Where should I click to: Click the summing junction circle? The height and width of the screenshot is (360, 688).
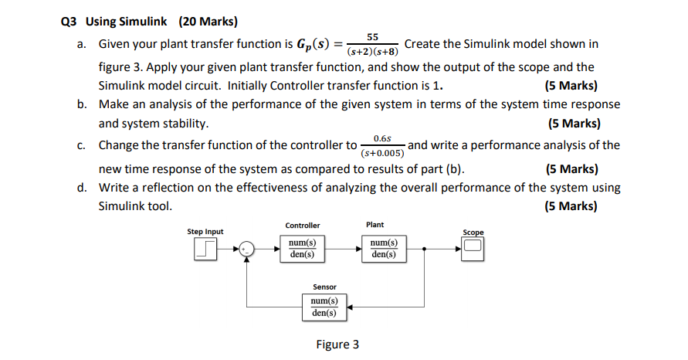pos(246,249)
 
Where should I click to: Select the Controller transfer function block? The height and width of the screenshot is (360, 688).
pos(302,249)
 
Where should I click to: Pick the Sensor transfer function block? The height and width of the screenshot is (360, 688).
pos(324,306)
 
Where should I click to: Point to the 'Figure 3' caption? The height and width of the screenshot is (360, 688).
pos(337,345)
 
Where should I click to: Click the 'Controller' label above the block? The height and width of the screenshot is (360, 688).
pos(302,226)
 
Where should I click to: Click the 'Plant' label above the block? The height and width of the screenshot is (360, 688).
pos(375,225)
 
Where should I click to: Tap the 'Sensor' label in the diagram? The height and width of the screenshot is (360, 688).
pos(324,287)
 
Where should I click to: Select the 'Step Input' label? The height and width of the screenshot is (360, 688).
pos(205,232)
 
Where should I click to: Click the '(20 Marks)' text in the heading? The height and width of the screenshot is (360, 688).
pos(208,21)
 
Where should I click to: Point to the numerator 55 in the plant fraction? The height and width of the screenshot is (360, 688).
pos(373,37)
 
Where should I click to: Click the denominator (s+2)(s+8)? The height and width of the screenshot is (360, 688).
pos(373,53)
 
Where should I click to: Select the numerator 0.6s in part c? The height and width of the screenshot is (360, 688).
pos(382,138)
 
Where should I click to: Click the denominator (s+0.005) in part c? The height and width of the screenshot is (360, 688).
pos(382,153)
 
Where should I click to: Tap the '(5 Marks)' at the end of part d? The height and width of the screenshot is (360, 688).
pos(571,206)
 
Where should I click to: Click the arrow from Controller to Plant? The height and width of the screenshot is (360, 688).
pos(342,249)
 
